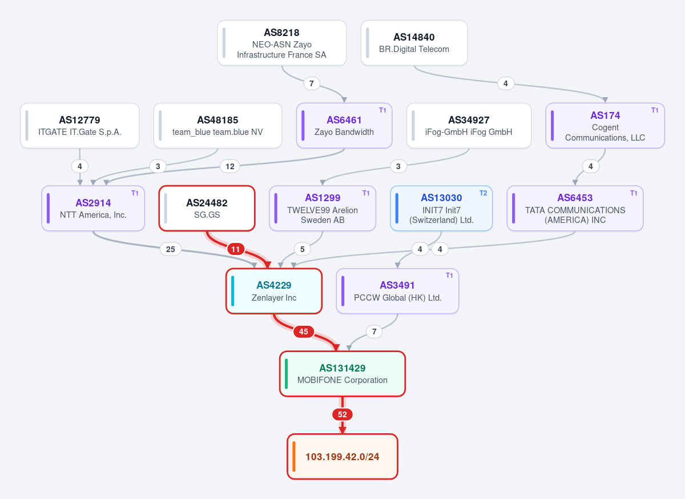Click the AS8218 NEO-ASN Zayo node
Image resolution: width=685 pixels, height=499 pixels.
[x=281, y=43]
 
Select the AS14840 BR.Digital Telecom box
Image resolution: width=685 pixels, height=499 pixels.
[x=414, y=43]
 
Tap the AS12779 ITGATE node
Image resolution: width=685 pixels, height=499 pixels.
[x=80, y=126]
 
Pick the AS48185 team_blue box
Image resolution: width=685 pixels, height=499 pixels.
[x=217, y=126]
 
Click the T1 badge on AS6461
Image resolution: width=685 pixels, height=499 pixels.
[x=382, y=110]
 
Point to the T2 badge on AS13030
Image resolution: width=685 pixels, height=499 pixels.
[x=483, y=193]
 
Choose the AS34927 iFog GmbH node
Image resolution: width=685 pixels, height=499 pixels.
[x=469, y=126]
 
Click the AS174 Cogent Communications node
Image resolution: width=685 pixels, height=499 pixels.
[x=605, y=126]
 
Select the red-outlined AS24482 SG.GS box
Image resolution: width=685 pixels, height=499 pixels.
[x=207, y=208]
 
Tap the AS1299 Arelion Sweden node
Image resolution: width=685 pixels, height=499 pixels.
[x=323, y=208]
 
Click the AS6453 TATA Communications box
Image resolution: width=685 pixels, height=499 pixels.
[x=575, y=208]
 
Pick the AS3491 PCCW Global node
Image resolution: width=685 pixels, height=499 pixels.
[x=397, y=291]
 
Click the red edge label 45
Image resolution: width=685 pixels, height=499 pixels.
[x=303, y=332]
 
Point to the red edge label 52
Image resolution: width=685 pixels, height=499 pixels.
[x=342, y=414]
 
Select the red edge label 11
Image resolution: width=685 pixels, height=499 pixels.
[x=235, y=249]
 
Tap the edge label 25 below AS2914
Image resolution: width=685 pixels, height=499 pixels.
[x=171, y=249]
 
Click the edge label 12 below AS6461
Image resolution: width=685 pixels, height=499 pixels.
[x=230, y=166]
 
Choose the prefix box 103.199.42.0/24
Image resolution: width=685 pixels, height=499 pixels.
[x=342, y=457]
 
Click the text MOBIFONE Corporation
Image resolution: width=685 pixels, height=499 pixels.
[x=342, y=380]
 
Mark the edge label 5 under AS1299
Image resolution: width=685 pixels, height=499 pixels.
[x=302, y=249]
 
